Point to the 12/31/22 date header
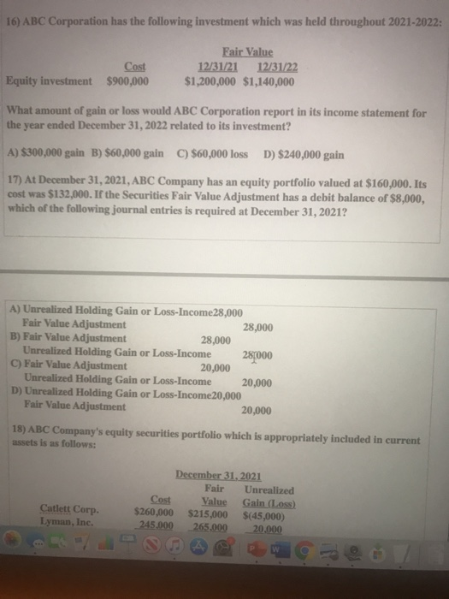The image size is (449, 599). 274,66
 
